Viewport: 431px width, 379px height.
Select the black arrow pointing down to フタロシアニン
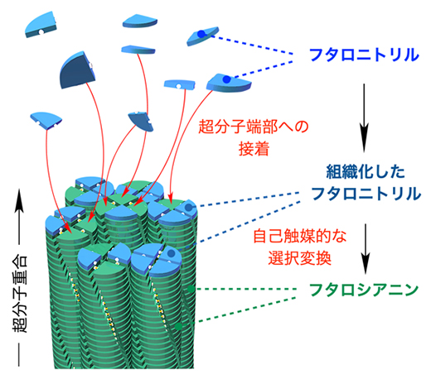coord(362,265)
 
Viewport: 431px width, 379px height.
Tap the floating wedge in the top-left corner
coord(40,26)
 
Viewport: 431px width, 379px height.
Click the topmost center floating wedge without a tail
coord(138,19)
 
